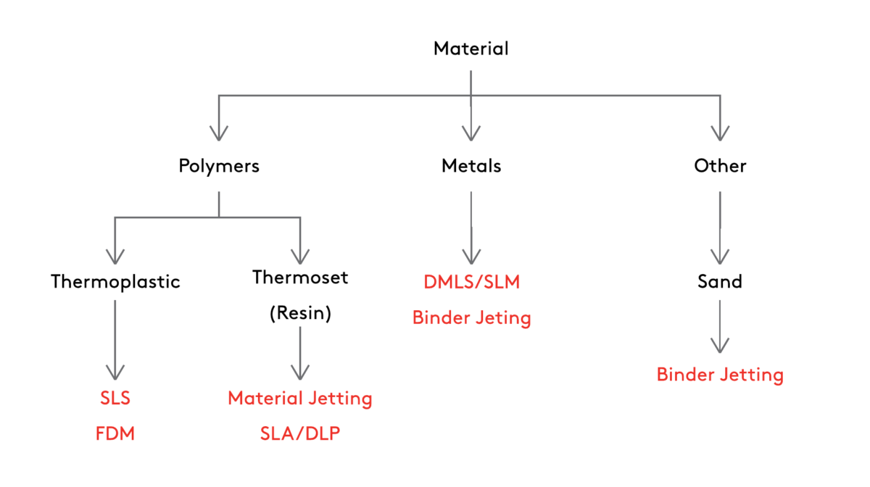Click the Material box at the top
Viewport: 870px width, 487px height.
(471, 49)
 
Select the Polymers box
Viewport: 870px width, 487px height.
(219, 166)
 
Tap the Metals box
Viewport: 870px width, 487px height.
(471, 166)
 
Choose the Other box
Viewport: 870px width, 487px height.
(720, 166)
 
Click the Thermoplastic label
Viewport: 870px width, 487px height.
(115, 282)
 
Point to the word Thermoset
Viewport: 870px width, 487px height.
(300, 278)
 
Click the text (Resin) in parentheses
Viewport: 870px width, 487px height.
(300, 314)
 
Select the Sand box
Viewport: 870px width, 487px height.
(720, 281)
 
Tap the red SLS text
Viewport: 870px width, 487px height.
(115, 398)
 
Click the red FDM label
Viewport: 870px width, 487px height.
(115, 434)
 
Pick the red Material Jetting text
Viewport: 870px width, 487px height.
(300, 398)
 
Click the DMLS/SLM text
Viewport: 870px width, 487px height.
(471, 282)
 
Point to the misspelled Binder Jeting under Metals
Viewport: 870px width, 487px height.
(471, 317)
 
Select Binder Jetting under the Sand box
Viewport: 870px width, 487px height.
(720, 375)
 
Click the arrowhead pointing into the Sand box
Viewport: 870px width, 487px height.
(720, 256)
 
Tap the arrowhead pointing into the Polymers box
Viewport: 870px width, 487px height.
(219, 133)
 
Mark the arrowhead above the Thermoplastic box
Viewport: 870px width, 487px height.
(115, 256)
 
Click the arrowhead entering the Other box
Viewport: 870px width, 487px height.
(720, 133)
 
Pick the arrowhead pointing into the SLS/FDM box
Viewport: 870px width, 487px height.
(115, 371)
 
